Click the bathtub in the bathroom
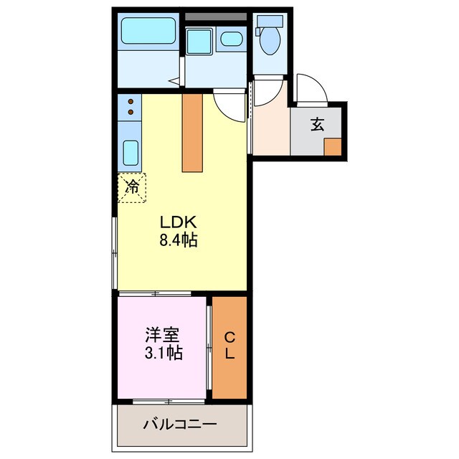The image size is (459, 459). coord(148,32)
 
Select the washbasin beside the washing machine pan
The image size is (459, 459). coord(231,39)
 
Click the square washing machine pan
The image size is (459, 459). coord(197,39)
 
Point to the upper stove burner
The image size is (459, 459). coord(131,102)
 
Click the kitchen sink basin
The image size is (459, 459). coord(131,153)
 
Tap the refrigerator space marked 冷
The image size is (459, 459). coord(132,187)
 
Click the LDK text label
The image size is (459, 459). coord(178,222)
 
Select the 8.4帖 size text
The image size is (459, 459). coord(178,240)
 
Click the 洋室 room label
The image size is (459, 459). coord(163,334)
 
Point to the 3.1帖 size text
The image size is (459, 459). coord(163,353)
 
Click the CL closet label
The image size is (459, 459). coord(229,346)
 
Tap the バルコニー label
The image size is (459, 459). coord(179,425)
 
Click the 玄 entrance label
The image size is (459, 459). coord(317,124)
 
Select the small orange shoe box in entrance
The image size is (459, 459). coord(332,146)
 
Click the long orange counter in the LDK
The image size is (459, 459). coord(192,133)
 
